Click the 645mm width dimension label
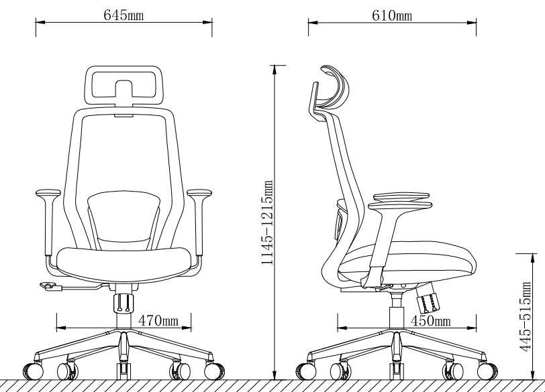(123, 15)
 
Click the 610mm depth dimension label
(392, 15)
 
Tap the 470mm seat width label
(158, 320)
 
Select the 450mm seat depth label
(431, 321)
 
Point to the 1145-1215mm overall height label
(267, 222)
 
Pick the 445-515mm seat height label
(526, 316)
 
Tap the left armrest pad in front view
(48, 192)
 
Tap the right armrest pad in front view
(199, 192)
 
